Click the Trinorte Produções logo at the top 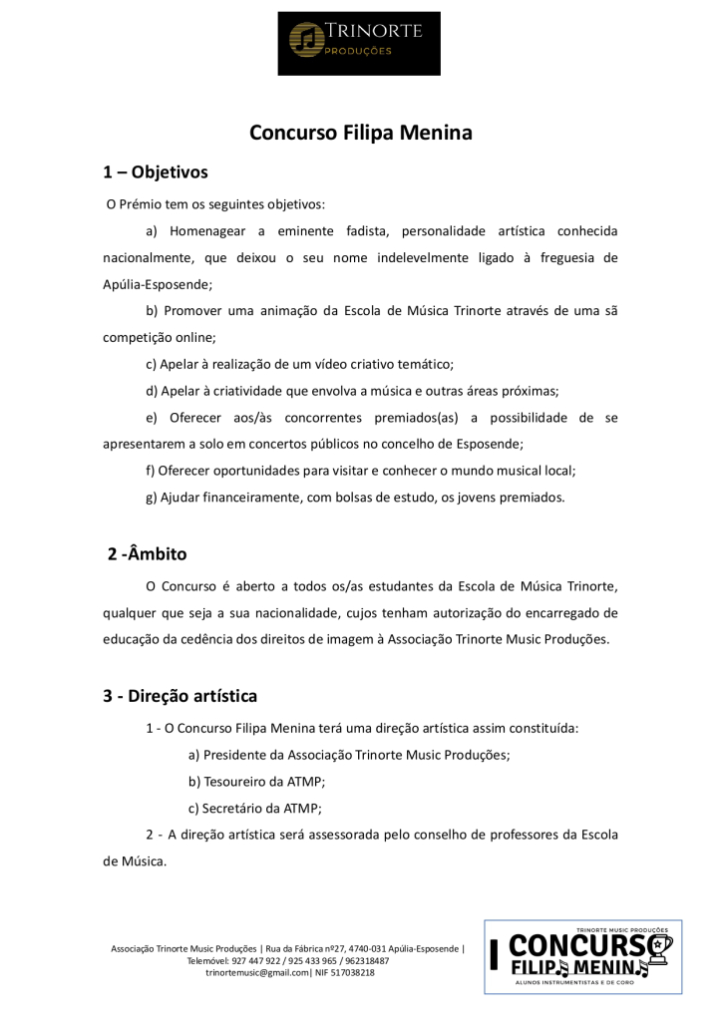[358, 39]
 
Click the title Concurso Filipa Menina [360, 133]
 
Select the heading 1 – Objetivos [156, 172]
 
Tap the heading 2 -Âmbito [147, 553]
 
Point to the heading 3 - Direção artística [180, 696]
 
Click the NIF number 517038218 [351, 972]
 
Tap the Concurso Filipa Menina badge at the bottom [583, 957]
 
